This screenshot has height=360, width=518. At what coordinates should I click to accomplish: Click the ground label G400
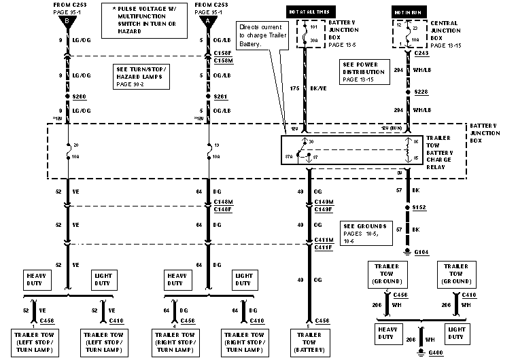[x=435, y=353]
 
